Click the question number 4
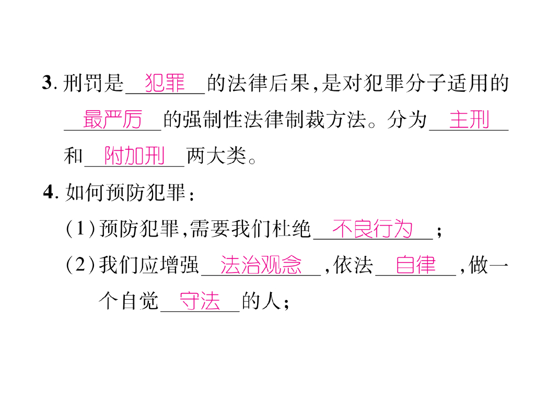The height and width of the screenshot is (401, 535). point(49,193)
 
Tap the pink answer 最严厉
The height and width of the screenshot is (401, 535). point(112,120)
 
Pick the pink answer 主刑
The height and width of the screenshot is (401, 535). point(469,120)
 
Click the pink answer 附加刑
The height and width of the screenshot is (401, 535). point(135,156)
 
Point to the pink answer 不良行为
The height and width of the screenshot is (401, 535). point(372,229)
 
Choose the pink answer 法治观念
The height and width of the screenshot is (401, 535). point(261,266)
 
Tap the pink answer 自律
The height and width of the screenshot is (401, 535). point(416,266)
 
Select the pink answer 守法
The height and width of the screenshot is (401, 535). point(200,302)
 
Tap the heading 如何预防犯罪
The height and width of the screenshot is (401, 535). point(125,193)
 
